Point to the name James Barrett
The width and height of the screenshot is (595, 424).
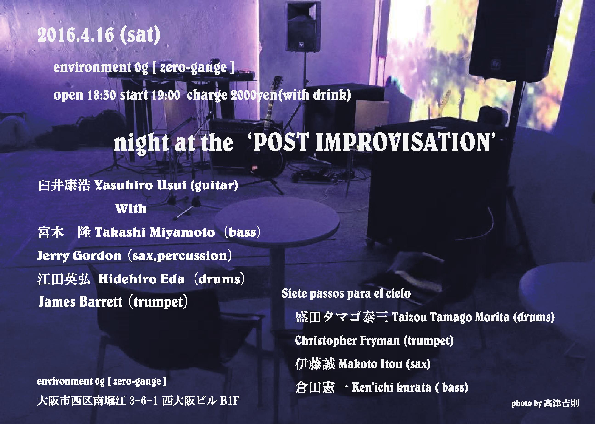tap(81, 302)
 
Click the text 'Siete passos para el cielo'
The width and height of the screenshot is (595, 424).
tap(346, 294)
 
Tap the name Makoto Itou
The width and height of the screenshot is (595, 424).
tap(370, 364)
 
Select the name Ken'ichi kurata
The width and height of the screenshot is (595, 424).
tap(392, 387)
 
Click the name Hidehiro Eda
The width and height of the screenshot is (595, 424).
tap(141, 279)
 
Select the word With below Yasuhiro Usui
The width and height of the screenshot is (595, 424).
tap(131, 209)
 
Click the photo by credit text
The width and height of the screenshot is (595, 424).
tap(545, 403)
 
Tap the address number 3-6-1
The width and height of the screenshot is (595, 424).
tap(143, 401)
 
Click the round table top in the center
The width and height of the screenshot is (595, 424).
tap(277, 221)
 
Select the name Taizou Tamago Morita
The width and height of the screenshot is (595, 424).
tap(451, 317)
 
